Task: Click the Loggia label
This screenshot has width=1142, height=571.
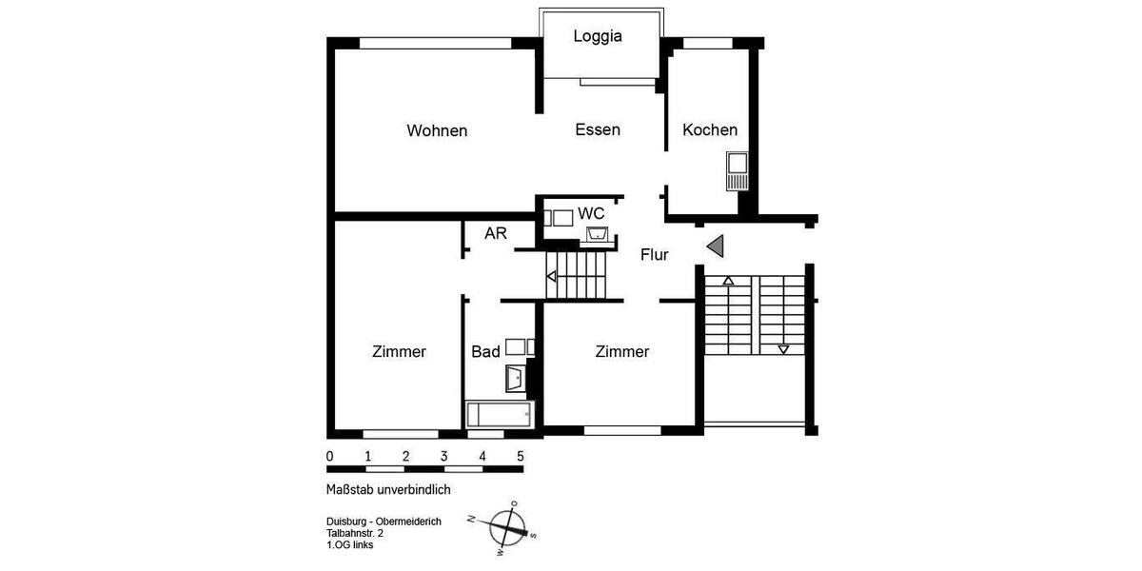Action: click(x=598, y=36)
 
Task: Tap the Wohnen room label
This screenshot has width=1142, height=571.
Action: click(x=437, y=130)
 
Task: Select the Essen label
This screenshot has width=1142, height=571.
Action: click(x=598, y=129)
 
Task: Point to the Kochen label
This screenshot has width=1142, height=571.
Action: click(x=710, y=129)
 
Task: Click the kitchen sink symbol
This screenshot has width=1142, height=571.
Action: click(x=737, y=171)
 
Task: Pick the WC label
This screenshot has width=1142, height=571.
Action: click(x=591, y=212)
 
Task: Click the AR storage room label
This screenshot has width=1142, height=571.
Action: click(x=495, y=233)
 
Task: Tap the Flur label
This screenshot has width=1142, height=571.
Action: click(x=654, y=255)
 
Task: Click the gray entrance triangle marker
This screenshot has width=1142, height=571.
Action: click(x=717, y=246)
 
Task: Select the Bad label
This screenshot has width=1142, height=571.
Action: click(x=485, y=352)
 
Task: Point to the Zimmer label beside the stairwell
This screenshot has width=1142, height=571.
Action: click(x=621, y=352)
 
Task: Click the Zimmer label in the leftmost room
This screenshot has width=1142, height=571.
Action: click(x=399, y=352)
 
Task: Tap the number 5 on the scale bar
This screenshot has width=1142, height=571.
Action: click(x=520, y=456)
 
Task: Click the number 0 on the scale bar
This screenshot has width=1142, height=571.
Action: click(x=329, y=456)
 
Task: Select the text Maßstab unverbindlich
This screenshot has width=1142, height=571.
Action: click(x=387, y=489)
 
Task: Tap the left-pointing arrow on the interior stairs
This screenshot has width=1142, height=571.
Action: click(x=551, y=277)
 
